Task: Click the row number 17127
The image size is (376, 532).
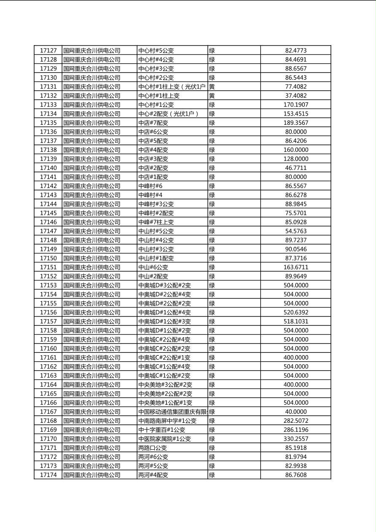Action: [48, 51]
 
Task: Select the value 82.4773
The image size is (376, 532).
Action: [295, 51]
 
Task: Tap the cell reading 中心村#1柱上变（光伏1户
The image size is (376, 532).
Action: [172, 87]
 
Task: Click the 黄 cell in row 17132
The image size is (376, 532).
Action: [212, 96]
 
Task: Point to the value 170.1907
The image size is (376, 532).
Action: [295, 105]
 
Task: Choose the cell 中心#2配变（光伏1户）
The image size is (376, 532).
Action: [168, 114]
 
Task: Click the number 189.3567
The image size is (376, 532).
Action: [295, 123]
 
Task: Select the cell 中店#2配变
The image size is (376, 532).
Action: [153, 168]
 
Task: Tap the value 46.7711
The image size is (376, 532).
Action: [295, 168]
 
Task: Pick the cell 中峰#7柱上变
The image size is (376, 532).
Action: [156, 222]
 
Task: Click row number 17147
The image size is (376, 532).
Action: [48, 231]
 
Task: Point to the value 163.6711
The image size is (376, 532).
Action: [295, 267]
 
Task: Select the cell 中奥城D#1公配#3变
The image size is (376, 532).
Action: [164, 321]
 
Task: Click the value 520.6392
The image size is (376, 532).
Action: [295, 312]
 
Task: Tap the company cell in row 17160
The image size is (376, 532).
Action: [92, 349]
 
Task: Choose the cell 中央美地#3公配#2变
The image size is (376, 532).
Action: [165, 384]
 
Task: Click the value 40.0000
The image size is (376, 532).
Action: [295, 412]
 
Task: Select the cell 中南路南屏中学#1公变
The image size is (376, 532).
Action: [167, 421]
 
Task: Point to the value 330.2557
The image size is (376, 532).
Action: [295, 439]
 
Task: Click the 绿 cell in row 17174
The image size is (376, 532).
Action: [212, 475]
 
